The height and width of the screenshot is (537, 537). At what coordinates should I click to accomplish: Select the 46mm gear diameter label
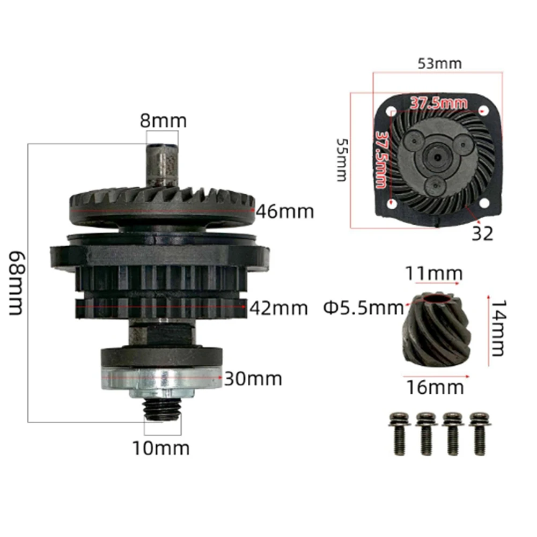click(285, 212)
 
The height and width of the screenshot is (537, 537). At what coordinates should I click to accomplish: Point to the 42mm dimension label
click(278, 308)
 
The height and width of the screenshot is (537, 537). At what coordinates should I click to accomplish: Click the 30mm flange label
click(253, 379)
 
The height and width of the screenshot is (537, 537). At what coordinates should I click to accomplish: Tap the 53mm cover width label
click(439, 64)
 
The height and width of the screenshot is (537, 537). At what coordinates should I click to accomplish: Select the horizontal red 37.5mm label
click(438, 102)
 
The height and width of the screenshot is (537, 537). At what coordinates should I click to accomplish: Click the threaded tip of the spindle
click(163, 410)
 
